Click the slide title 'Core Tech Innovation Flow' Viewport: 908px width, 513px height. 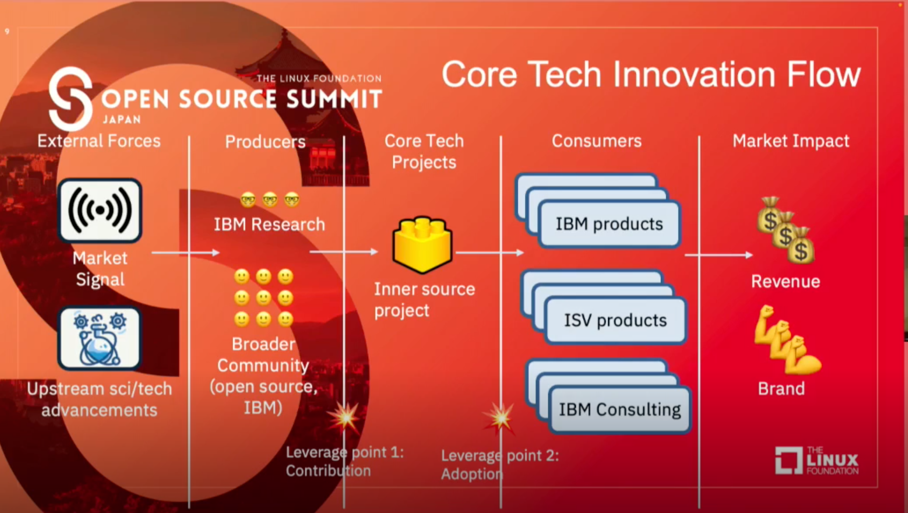click(651, 74)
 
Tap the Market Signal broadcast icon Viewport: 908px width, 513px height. click(100, 210)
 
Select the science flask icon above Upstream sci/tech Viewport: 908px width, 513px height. click(100, 338)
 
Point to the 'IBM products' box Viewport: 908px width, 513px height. click(609, 224)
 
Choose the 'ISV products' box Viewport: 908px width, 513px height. click(615, 320)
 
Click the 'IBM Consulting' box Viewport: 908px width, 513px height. click(619, 409)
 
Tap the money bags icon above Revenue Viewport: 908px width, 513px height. click(786, 231)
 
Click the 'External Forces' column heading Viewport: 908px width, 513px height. click(99, 141)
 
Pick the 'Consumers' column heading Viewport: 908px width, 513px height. click(597, 141)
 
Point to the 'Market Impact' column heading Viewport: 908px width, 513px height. click(791, 141)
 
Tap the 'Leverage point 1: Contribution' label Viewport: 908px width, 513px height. click(344, 461)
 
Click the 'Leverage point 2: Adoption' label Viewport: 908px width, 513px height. click(500, 465)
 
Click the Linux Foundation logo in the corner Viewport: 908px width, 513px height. click(817, 461)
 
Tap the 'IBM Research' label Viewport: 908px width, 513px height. click(269, 224)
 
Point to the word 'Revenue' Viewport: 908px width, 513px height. click(786, 282)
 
